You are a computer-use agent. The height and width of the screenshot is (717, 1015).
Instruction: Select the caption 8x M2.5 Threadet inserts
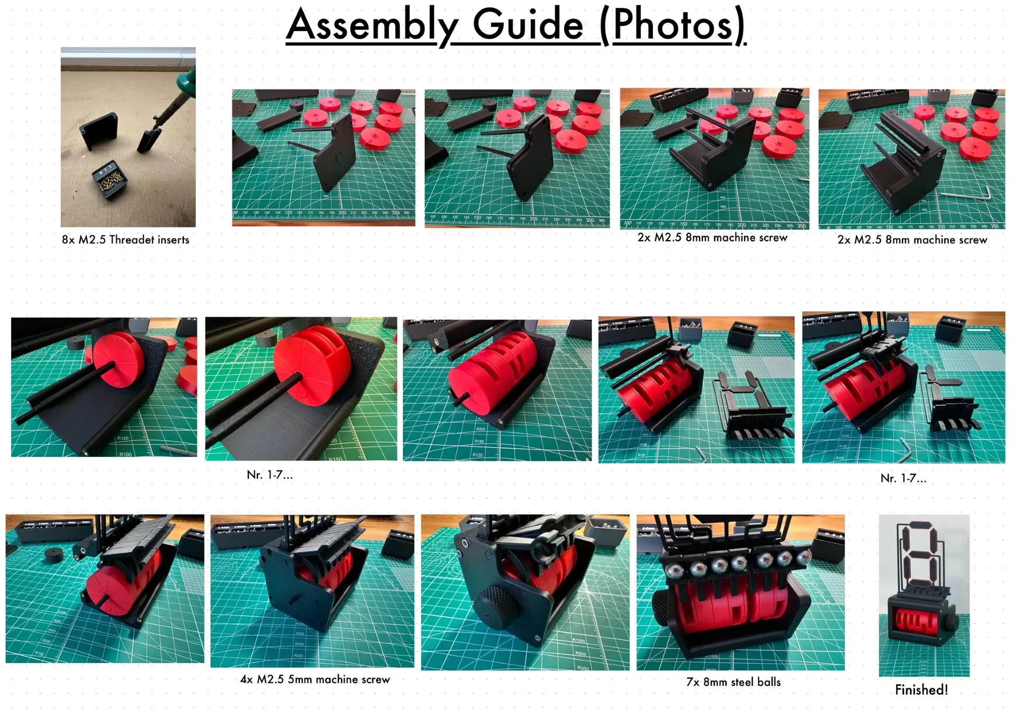pos(125,239)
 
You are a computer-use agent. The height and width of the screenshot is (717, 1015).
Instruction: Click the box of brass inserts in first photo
pos(110,180)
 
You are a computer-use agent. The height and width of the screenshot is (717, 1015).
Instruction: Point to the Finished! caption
pos(921,690)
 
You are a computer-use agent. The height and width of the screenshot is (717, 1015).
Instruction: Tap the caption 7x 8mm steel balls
pos(733,682)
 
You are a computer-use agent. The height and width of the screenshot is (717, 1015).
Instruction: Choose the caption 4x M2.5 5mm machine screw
pos(315,679)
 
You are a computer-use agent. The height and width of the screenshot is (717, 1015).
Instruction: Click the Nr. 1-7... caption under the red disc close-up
pos(270,474)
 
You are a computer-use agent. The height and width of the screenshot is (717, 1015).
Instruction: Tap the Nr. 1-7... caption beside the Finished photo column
pos(903,478)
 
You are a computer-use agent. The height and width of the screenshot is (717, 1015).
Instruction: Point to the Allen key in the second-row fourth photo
pos(700,453)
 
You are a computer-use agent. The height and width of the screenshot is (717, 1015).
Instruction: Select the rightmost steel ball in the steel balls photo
pos(804,557)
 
